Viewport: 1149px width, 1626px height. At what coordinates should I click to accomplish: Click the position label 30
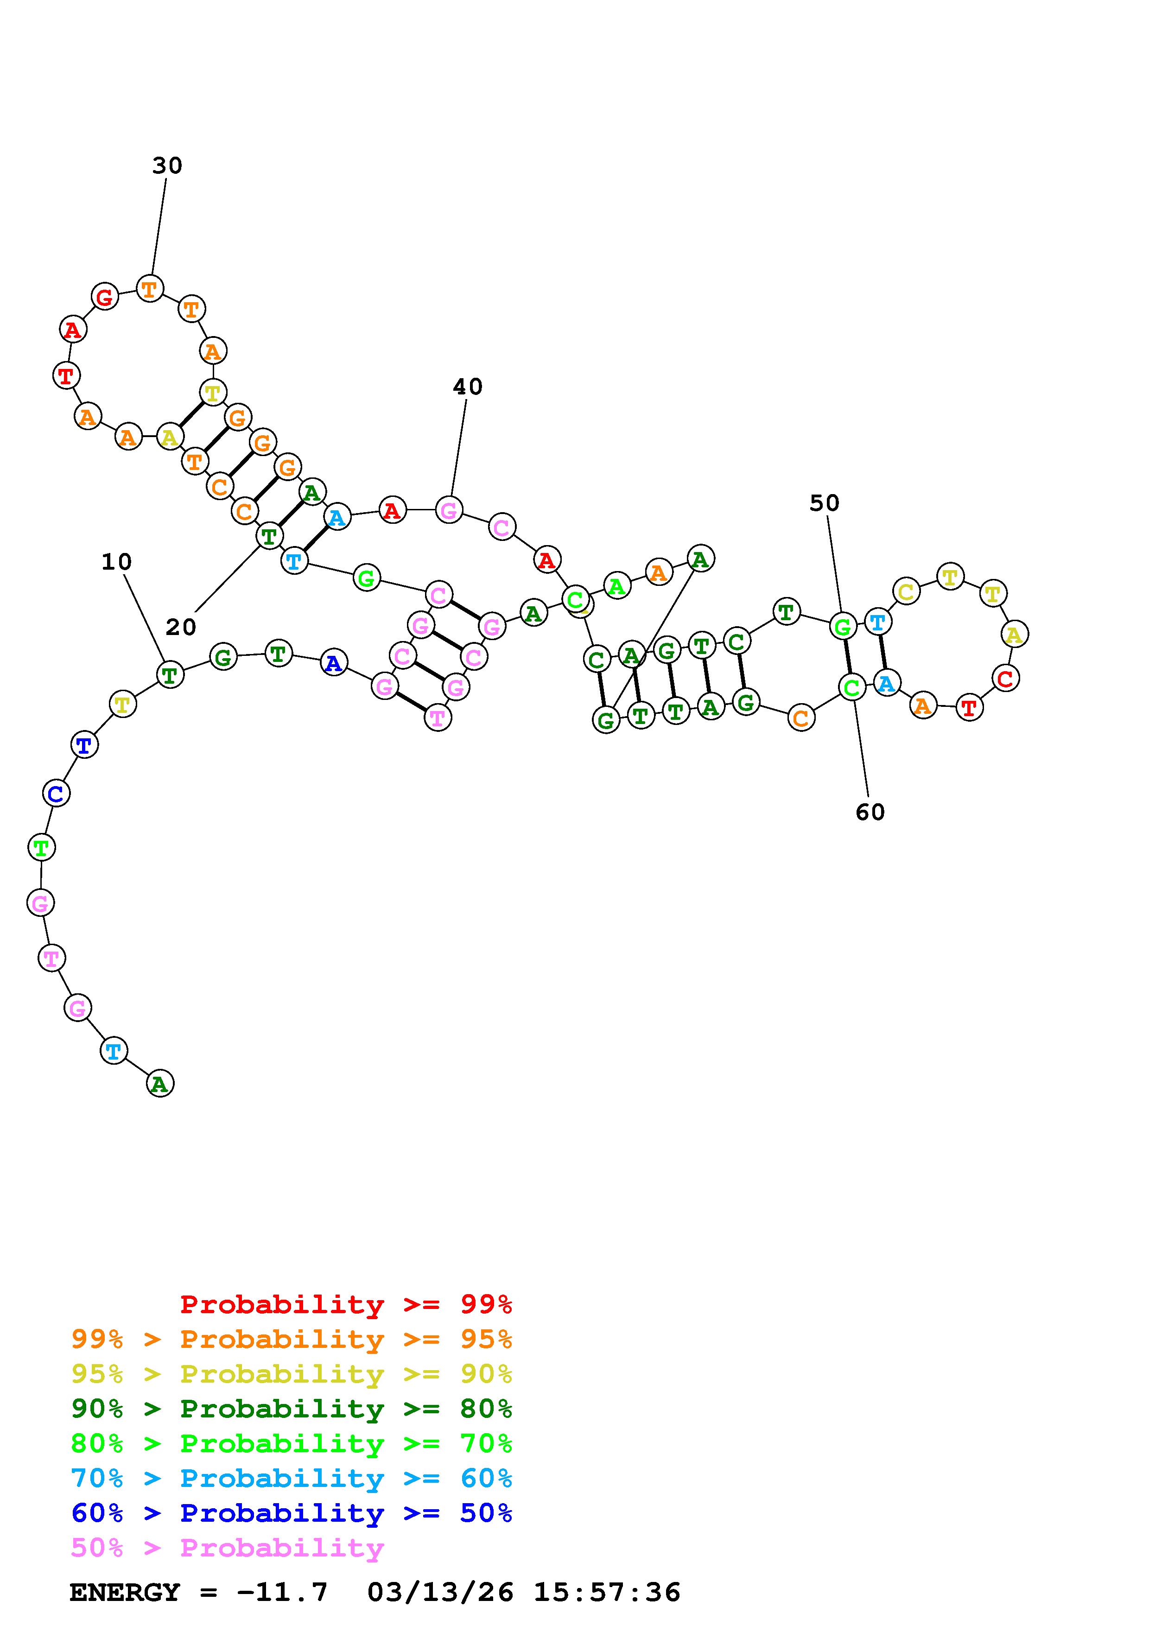pyautogui.click(x=167, y=166)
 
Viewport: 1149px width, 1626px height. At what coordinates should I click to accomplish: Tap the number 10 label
pyautogui.click(x=117, y=562)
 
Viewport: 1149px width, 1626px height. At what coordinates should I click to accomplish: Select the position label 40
pyautogui.click(x=467, y=387)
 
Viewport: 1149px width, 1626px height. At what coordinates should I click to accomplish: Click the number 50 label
pyautogui.click(x=824, y=503)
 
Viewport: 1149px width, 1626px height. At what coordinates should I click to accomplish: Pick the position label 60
pyautogui.click(x=870, y=812)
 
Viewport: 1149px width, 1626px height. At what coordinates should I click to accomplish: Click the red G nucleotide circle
pyautogui.click(x=105, y=296)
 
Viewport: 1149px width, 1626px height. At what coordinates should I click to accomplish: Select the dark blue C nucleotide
pyautogui.click(x=56, y=793)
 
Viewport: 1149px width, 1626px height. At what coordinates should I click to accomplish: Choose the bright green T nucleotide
pyautogui.click(x=41, y=847)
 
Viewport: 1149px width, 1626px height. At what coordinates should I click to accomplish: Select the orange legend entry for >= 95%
pyautogui.click(x=292, y=1339)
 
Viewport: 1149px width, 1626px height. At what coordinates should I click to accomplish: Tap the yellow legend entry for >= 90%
pyautogui.click(x=292, y=1374)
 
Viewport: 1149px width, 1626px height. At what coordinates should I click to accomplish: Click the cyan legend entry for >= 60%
pyautogui.click(x=292, y=1478)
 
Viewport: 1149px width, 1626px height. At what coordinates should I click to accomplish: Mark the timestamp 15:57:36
pyautogui.click(x=607, y=1592)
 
